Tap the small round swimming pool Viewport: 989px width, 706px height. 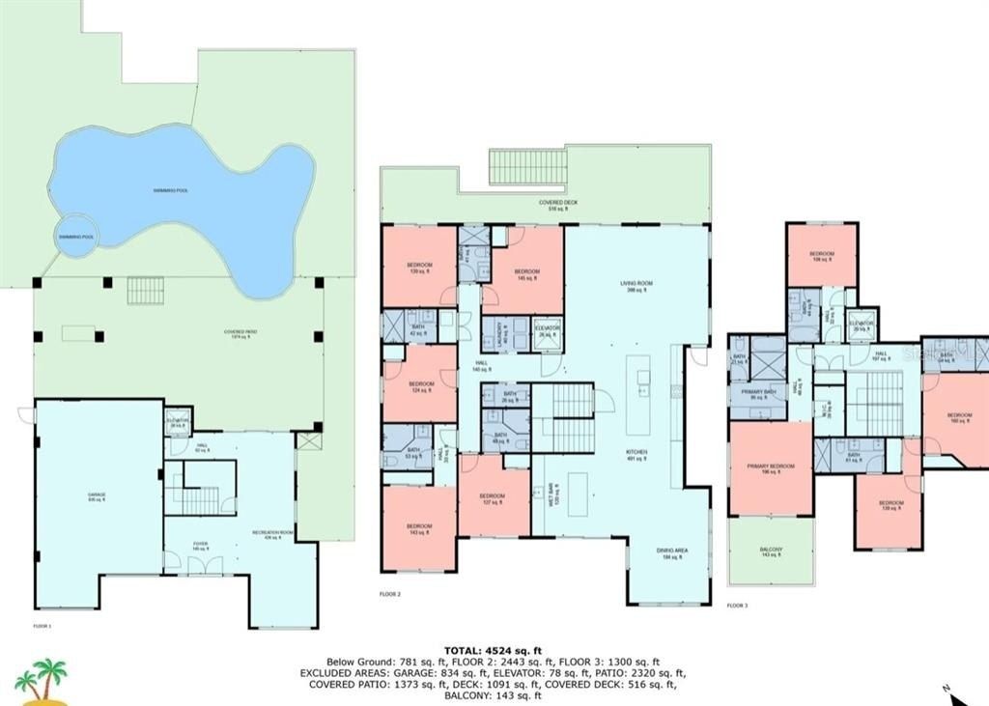pos(76,237)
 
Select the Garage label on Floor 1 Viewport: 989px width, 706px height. pos(97,497)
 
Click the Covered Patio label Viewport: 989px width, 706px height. pos(240,333)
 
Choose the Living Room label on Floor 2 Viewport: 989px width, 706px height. pos(636,286)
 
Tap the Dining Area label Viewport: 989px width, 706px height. pos(674,552)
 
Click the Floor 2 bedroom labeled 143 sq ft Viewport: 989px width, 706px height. pos(419,528)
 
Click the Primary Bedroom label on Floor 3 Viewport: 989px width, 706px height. pos(770,468)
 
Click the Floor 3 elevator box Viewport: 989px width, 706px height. pos(862,325)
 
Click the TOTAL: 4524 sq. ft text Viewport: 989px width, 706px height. pos(494,650)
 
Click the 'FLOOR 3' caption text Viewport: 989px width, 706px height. pos(737,606)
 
